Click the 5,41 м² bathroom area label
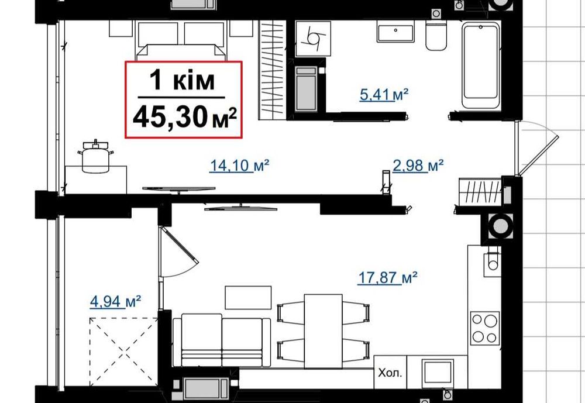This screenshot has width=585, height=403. (x=383, y=95)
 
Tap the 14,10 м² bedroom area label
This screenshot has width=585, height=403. (x=239, y=166)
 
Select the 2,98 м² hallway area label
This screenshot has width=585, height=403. (x=418, y=166)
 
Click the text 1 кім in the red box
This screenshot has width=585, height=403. (x=182, y=80)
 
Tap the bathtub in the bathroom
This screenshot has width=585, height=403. (x=481, y=65)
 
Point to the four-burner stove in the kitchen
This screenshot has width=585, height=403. (x=486, y=328)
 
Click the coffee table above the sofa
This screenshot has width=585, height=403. (x=248, y=297)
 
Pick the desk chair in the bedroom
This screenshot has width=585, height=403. (x=95, y=157)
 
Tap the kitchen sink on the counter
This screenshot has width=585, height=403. (x=491, y=260)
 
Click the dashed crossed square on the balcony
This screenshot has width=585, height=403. (x=124, y=351)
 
